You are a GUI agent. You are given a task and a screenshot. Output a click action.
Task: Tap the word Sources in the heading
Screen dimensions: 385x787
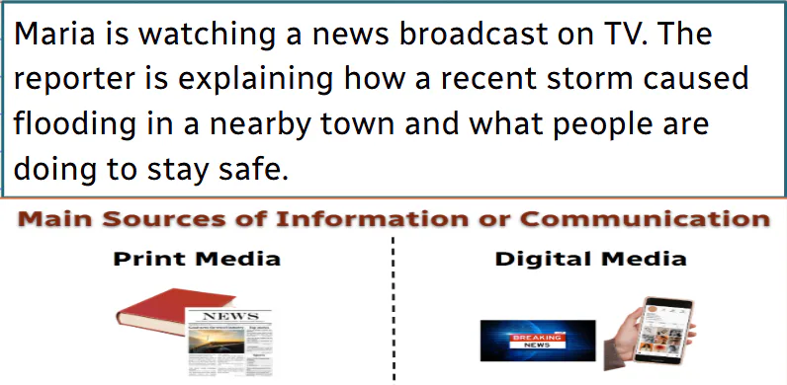[151, 218]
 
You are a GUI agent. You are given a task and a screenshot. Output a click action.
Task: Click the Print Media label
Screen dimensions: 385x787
[197, 260]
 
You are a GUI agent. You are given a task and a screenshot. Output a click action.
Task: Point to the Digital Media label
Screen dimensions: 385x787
[590, 260]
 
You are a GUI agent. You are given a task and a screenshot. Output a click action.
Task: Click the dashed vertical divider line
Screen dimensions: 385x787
[393, 306]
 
